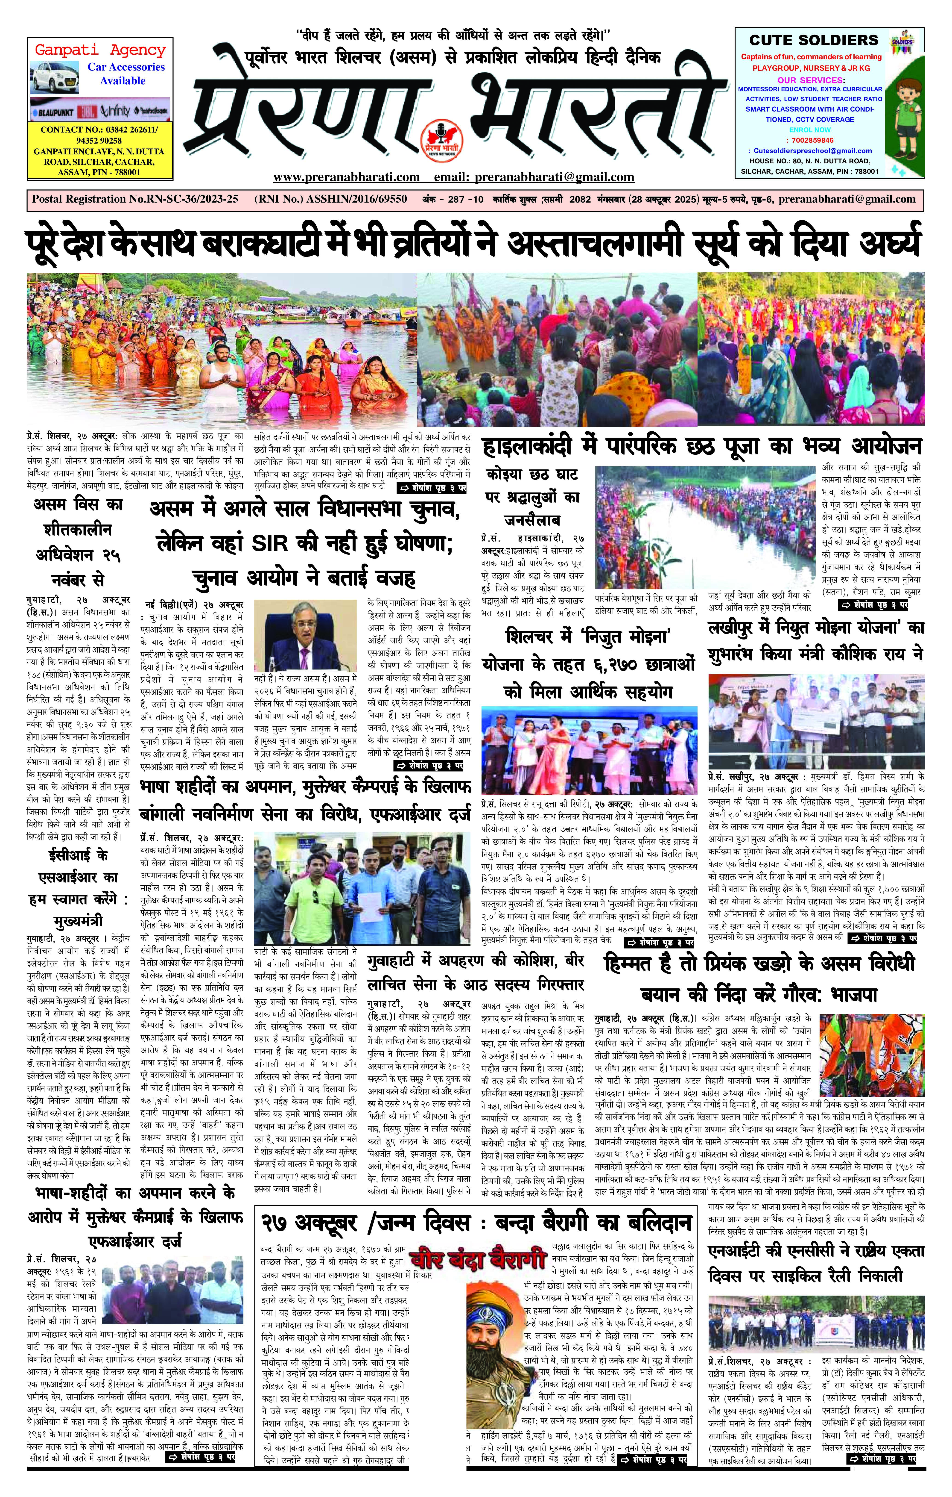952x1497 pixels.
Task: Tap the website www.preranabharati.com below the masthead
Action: click(x=346, y=177)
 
